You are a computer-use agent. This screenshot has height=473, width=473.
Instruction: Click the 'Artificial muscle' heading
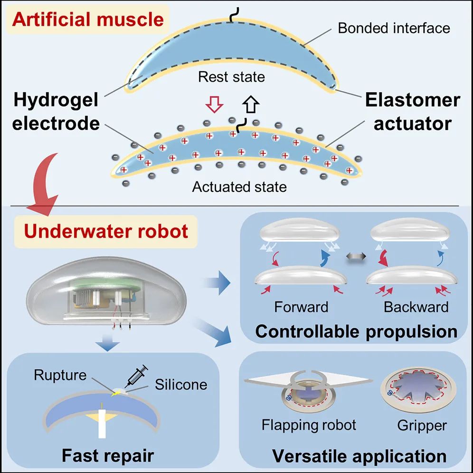(x=88, y=19)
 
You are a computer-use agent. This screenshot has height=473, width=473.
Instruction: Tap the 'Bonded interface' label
(x=394, y=28)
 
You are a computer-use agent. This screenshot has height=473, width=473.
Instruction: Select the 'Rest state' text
(x=231, y=77)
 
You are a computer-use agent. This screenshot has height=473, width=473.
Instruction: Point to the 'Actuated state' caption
(x=239, y=187)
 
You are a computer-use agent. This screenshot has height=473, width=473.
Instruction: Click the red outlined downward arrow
(x=215, y=104)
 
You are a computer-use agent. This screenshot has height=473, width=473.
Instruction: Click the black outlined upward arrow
(x=251, y=104)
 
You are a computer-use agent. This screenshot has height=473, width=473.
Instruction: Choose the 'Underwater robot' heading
(x=106, y=231)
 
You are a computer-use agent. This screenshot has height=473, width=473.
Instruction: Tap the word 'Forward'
(x=301, y=307)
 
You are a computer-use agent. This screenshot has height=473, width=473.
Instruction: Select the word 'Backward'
(x=416, y=307)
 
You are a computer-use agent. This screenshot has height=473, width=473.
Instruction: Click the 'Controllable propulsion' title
(x=356, y=331)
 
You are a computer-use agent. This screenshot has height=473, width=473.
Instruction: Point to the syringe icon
(x=137, y=376)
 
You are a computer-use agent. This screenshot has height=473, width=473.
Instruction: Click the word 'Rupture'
(x=60, y=375)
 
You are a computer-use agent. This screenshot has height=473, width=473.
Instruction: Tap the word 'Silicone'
(x=181, y=385)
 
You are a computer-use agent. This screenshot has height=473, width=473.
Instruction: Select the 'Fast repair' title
(x=108, y=455)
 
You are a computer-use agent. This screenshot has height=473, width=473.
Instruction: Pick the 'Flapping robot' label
(x=309, y=425)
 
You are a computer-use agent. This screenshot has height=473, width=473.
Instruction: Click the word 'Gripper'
(x=422, y=426)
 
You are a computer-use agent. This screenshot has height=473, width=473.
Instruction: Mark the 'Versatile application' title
(x=359, y=456)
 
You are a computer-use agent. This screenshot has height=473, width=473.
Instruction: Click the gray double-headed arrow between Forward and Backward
(x=356, y=257)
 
